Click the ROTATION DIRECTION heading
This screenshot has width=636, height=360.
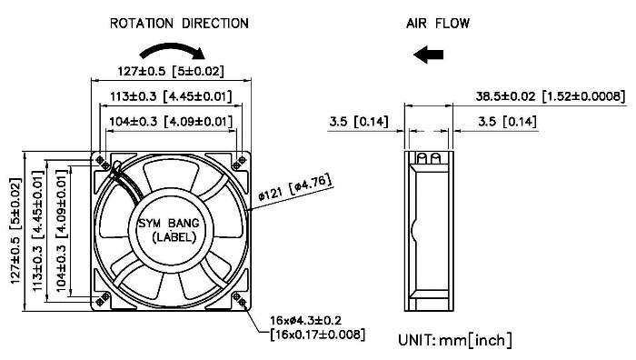tap(179, 23)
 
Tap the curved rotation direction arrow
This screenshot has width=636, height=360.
tap(173, 48)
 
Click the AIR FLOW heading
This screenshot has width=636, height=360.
tap(438, 23)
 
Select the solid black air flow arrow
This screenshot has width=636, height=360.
tap(428, 55)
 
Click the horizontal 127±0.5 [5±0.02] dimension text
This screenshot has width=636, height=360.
tap(171, 72)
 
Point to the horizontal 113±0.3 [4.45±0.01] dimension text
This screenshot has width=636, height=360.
tap(171, 96)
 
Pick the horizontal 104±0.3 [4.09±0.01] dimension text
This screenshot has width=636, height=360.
tap(171, 121)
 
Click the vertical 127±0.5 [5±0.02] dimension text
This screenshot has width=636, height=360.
tap(15, 231)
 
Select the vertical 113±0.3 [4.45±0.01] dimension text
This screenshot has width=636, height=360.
tap(38, 231)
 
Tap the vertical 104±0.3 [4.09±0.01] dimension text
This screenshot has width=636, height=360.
tap(61, 231)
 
